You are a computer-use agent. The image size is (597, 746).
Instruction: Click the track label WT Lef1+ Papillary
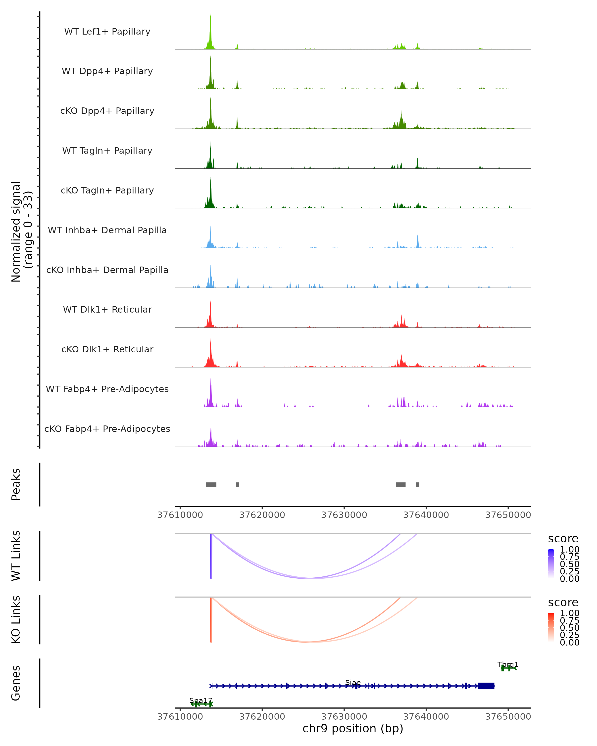point(107,32)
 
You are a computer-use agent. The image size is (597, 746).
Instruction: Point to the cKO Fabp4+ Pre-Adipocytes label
point(107,429)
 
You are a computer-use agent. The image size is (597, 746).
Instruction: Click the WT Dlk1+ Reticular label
point(107,309)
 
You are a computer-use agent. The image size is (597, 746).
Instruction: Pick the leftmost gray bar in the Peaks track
point(211,484)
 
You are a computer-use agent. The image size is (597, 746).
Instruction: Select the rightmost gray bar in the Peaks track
point(417,484)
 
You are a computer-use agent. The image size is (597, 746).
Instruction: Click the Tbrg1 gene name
point(508,664)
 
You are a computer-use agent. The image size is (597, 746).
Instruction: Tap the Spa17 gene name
point(201,701)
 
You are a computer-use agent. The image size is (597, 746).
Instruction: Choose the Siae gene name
point(353,683)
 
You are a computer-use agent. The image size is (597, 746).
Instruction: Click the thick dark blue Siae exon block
point(486,686)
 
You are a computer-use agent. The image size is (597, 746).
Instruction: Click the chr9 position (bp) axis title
point(353,728)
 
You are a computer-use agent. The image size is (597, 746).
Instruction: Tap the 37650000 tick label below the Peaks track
point(508,515)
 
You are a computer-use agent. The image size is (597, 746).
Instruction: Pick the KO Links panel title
point(16,619)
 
